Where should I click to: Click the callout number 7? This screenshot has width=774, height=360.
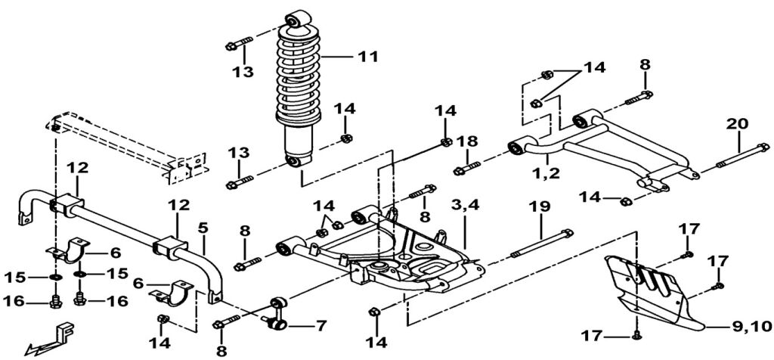pyautogui.click(x=320, y=327)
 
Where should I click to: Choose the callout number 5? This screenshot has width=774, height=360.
pyautogui.click(x=202, y=226)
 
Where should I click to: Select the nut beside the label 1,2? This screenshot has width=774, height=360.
pyautogui.click(x=625, y=200)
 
